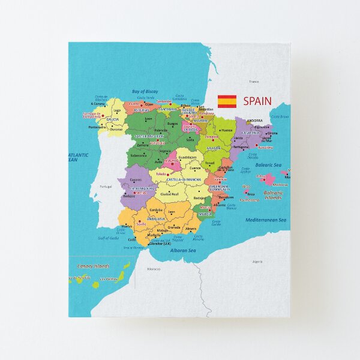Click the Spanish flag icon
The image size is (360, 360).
click(x=227, y=101)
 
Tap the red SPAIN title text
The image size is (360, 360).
click(x=257, y=101)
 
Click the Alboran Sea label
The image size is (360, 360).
click(x=182, y=250)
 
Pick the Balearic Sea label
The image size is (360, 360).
click(x=268, y=164)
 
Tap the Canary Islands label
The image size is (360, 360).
click(x=94, y=266)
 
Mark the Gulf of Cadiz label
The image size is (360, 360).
click(x=108, y=238)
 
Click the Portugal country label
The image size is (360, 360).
click(x=106, y=186)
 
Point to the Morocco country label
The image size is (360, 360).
click(x=154, y=269)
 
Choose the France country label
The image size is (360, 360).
click(x=254, y=82)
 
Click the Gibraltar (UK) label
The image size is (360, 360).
click(x=159, y=244)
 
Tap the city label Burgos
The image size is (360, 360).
click(x=173, y=124)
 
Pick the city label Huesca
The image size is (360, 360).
click(x=227, y=130)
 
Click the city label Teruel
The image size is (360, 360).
click(x=210, y=163)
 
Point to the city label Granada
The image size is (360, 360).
click(x=174, y=227)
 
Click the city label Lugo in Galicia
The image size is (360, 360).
click(x=118, y=110)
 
